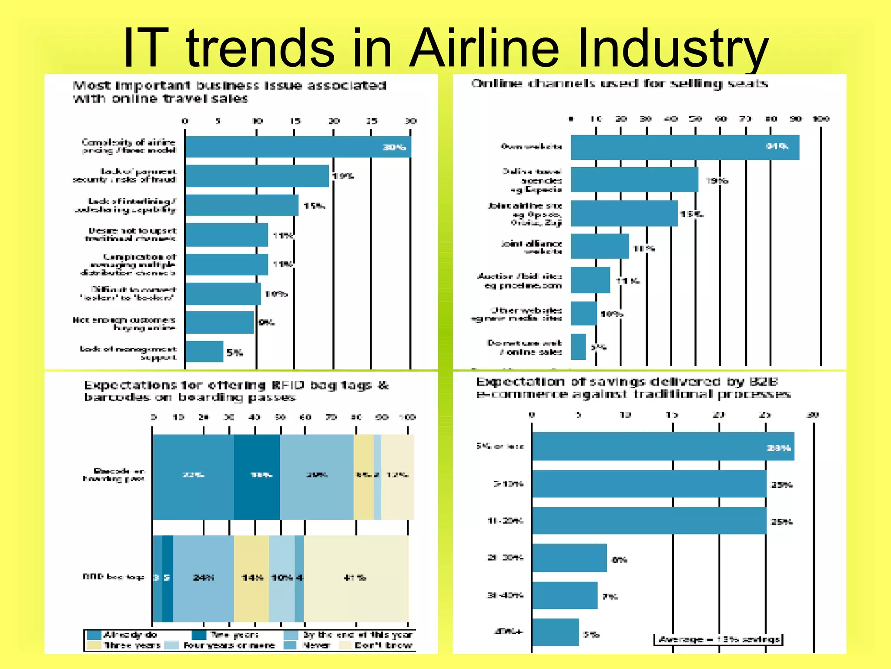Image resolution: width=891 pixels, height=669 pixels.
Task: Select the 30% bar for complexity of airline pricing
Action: pos(298,147)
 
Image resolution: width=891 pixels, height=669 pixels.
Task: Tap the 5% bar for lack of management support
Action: pos(204,351)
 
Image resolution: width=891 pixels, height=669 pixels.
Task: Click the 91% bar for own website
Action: pos(684,147)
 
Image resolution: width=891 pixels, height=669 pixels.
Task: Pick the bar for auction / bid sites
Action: pos(590,280)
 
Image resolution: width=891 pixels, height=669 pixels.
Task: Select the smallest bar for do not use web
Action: pos(578,347)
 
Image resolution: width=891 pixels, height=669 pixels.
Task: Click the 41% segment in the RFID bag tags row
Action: pos(355,578)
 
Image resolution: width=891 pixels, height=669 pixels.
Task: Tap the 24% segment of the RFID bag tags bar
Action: pos(203,578)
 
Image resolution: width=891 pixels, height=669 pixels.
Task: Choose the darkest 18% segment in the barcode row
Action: pos(257,476)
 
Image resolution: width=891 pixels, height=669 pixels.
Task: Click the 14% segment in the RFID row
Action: pos(251,578)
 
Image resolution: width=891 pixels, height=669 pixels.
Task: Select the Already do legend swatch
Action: pos(94,635)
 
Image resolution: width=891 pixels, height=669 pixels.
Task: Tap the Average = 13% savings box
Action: pos(718,639)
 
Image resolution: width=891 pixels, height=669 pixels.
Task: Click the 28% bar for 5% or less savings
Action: pos(663,446)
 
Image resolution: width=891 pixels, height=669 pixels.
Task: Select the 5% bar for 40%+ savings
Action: pos(555,632)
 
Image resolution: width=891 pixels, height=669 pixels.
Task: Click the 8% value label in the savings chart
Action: pos(619,560)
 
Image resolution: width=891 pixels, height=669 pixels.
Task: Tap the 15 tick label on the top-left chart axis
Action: pos(295,121)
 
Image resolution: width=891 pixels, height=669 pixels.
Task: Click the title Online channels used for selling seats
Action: pos(619,84)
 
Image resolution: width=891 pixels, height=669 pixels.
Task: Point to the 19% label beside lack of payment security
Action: pos(343,176)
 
